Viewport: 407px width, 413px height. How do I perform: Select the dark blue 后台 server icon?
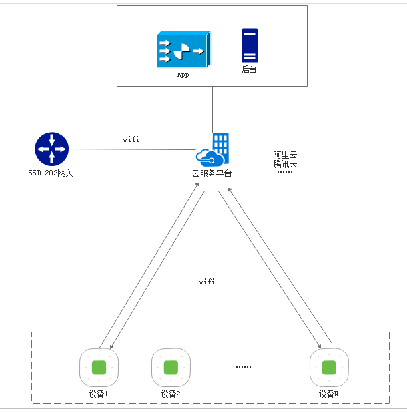click(250, 45)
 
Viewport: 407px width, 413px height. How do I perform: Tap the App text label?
click(183, 75)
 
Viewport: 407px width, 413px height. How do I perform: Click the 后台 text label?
click(249, 69)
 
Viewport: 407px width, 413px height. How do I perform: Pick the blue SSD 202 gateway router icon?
click(51, 149)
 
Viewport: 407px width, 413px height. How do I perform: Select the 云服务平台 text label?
click(212, 173)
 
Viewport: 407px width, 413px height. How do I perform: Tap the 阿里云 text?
click(285, 155)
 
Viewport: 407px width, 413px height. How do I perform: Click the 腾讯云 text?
click(285, 164)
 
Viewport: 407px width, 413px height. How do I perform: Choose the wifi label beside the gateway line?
click(131, 140)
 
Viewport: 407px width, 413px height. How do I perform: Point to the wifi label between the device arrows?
click(207, 282)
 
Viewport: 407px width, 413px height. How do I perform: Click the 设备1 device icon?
click(99, 367)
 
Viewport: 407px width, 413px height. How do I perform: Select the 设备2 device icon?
click(171, 367)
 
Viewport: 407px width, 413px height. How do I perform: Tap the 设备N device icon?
click(329, 367)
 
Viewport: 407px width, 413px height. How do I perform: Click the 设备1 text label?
click(98, 394)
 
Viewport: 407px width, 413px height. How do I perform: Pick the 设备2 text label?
click(171, 394)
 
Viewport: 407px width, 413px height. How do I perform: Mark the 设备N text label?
click(328, 394)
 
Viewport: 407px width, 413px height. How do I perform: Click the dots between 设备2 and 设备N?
click(244, 367)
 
